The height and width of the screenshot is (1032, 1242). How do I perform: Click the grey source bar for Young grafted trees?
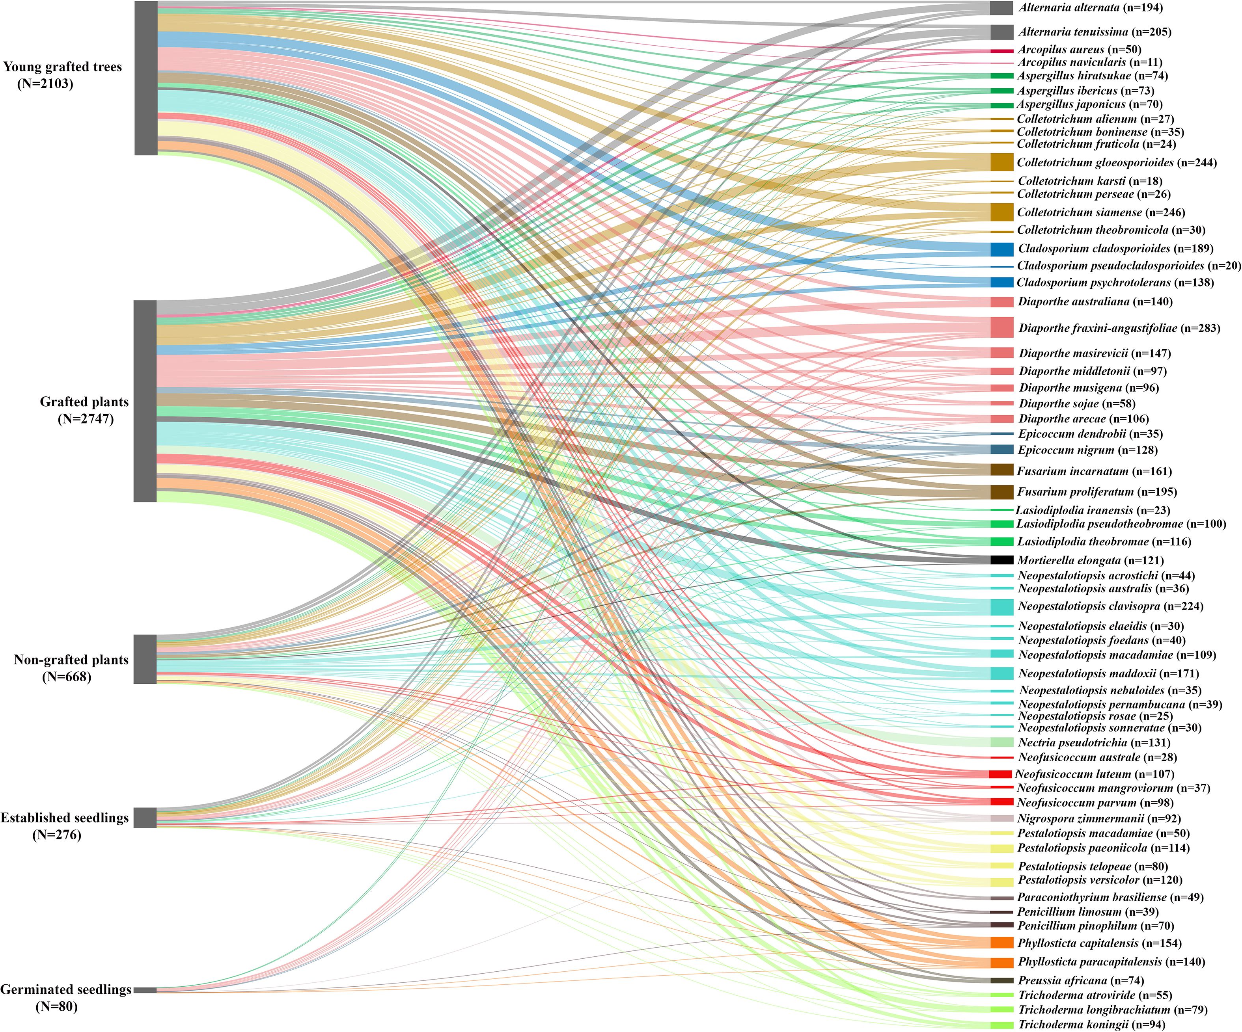point(146,78)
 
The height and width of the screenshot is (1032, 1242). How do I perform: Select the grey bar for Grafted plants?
point(145,401)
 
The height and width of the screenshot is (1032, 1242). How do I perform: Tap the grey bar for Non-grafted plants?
point(145,659)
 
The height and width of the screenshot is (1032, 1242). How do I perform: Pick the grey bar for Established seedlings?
point(145,817)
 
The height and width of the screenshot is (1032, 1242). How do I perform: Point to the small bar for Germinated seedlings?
point(145,989)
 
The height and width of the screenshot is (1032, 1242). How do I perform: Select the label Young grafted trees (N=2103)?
point(62,75)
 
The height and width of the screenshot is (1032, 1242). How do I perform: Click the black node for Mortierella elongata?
point(1002,560)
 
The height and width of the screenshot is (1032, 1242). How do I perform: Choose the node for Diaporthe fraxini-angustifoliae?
point(1002,327)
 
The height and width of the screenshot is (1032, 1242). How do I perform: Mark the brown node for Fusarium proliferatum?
point(1002,492)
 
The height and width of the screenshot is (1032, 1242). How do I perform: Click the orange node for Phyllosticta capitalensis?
point(1002,943)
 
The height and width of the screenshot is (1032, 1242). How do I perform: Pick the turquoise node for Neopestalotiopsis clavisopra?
point(1002,606)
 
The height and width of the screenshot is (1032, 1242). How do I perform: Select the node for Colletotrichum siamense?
point(1002,212)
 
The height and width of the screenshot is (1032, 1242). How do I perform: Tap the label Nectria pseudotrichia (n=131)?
point(1094,742)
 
